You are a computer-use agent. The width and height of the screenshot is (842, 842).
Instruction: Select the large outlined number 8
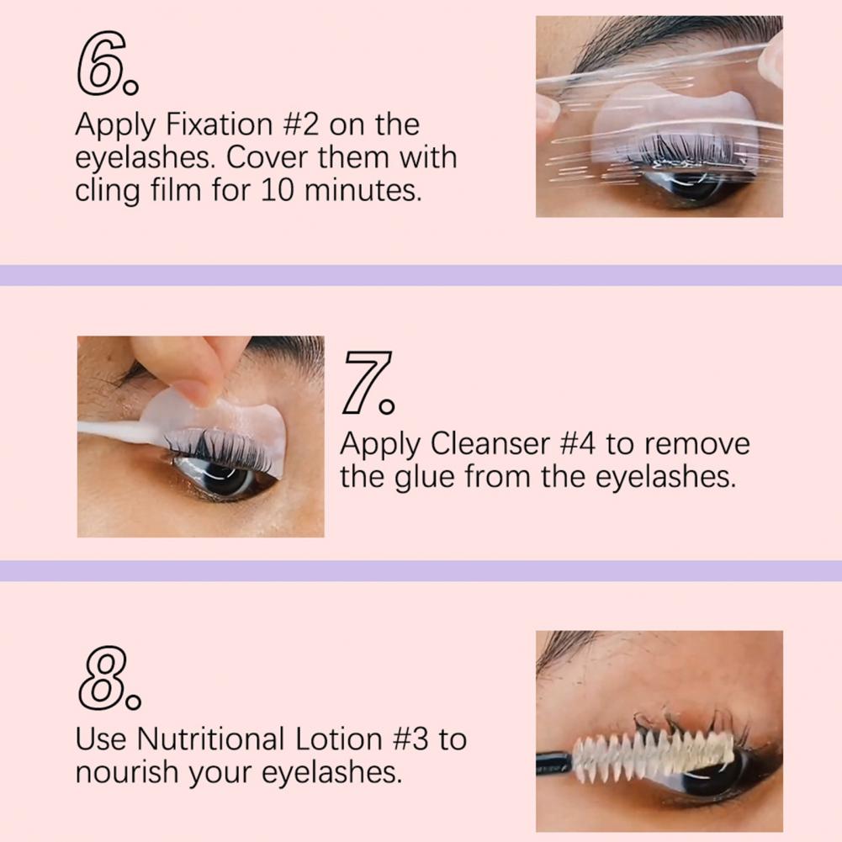click(x=103, y=678)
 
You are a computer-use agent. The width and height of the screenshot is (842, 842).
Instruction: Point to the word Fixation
click(x=220, y=124)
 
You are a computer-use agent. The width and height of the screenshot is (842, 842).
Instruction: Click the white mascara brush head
click(x=653, y=751)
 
